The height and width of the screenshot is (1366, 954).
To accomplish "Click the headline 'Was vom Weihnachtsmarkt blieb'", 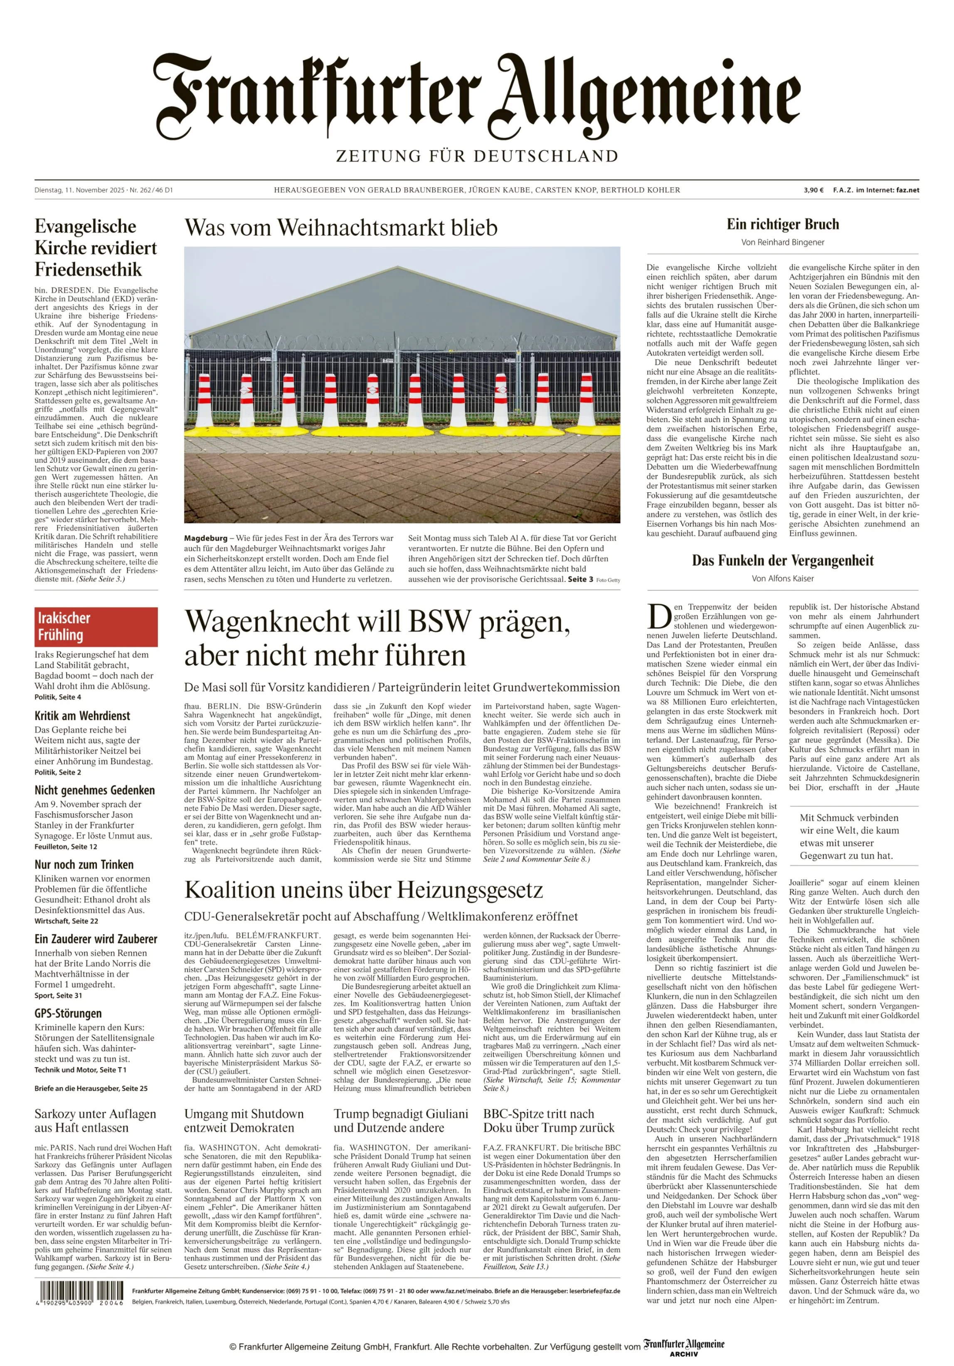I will [340, 228].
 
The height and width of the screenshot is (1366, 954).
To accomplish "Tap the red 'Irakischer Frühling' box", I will [96, 626].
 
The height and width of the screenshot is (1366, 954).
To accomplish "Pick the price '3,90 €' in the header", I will [813, 190].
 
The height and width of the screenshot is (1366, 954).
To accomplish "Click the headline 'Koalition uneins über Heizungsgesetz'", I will [363, 890].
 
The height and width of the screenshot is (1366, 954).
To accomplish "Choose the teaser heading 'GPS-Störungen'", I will [68, 1013].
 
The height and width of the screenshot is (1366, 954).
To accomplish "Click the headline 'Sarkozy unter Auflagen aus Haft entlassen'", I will [95, 1120].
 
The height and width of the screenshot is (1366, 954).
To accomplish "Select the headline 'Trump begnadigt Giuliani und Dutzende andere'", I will [401, 1120].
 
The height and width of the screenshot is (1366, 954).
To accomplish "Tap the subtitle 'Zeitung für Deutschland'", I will [477, 157].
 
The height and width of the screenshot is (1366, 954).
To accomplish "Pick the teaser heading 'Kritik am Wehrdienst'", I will [82, 716].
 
